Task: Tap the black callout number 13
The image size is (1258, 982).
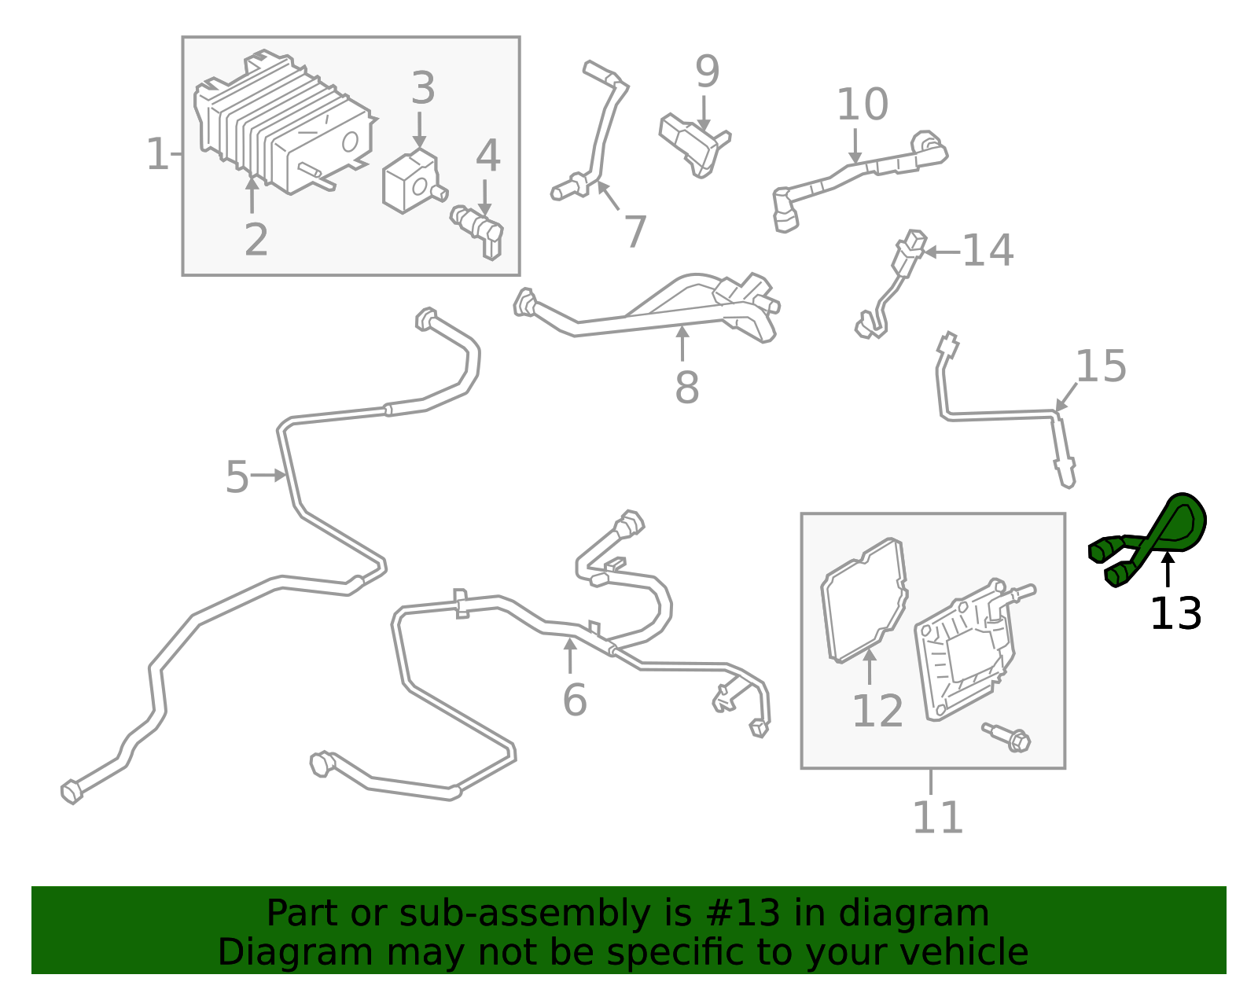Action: point(1175,614)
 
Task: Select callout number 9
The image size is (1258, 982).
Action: point(707,72)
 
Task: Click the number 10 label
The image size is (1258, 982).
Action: point(862,105)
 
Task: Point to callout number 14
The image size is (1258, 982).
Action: point(988,251)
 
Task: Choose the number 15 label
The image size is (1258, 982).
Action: point(1101,366)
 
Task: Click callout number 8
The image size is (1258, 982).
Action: point(686,388)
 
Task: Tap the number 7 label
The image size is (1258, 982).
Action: point(635,233)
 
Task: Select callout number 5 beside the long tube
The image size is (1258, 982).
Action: point(237,477)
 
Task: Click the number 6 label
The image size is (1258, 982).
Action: point(575,700)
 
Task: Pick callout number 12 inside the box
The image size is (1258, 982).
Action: point(877,712)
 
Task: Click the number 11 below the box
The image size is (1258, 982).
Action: point(937,818)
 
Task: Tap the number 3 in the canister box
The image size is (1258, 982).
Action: point(423,88)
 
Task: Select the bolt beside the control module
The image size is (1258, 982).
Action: point(1008,736)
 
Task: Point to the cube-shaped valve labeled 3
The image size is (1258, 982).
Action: point(409,182)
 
